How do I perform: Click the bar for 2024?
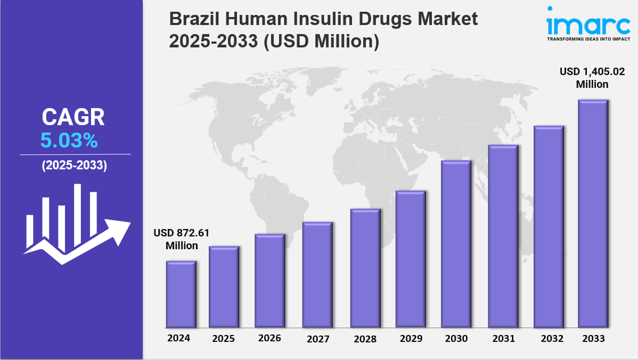pyautogui.click(x=181, y=294)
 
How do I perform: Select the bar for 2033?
pyautogui.click(x=593, y=213)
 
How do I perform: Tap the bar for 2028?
pyautogui.click(x=365, y=268)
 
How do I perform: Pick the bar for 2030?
pyautogui.click(x=456, y=244)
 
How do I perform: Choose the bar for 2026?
pyautogui.click(x=269, y=281)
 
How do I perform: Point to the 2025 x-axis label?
pyautogui.click(x=223, y=339)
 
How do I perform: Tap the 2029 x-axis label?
pyautogui.click(x=411, y=339)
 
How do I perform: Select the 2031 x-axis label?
pyautogui.click(x=503, y=339)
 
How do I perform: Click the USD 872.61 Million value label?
pyautogui.click(x=175, y=239)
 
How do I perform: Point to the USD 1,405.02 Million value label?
pyautogui.click(x=592, y=78)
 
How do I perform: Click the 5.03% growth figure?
pyautogui.click(x=69, y=141)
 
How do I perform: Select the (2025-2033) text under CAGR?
pyautogui.click(x=75, y=166)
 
